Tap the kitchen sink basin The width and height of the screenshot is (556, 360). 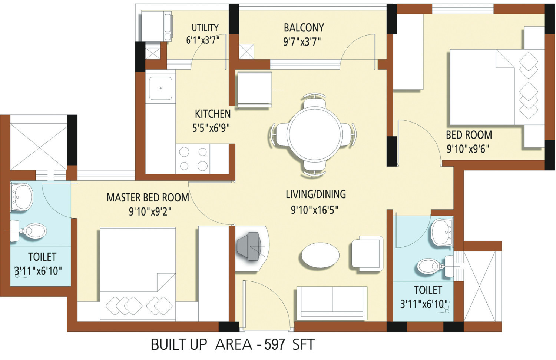pos(160,88)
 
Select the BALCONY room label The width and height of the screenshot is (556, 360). pos(304,27)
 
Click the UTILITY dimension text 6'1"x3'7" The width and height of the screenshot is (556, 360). pos(203,40)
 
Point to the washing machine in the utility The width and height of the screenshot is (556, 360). pos(157,26)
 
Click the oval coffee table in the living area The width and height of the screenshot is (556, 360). pos(321,255)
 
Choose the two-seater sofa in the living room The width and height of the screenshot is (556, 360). pos(332,303)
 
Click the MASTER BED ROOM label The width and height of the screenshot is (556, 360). pos(148,198)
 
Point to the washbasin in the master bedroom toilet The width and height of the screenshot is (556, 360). pos(22,197)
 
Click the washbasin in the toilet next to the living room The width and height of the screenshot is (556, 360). pos(442,232)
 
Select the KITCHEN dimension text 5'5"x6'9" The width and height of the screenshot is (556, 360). pos(211,128)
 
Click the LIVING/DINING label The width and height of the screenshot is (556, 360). pos(316,194)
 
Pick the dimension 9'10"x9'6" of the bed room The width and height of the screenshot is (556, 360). pos(468,149)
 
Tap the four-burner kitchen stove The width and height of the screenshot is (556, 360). pos(193,159)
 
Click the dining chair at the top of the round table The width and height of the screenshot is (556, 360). pos(314,102)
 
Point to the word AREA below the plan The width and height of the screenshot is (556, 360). pos(234,344)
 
